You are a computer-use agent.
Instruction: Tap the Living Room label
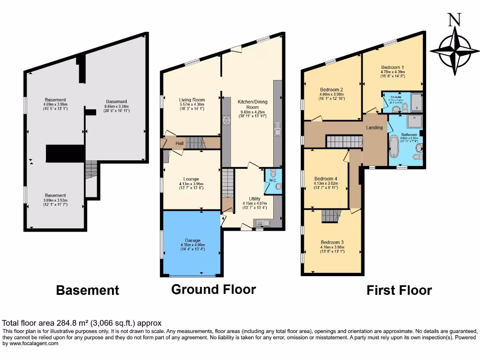click(192, 100)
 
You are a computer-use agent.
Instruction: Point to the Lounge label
click(191, 179)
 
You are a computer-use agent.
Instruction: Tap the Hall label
click(180, 143)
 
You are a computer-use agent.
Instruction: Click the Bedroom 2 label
click(331, 90)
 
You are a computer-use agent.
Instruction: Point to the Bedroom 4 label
click(325, 179)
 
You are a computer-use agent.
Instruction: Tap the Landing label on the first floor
click(375, 127)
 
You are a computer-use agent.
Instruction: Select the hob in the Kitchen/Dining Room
click(227, 121)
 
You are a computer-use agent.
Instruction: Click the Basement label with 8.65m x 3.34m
click(116, 102)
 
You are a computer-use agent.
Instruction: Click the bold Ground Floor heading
click(213, 289)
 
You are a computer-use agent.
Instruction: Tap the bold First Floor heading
click(399, 290)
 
